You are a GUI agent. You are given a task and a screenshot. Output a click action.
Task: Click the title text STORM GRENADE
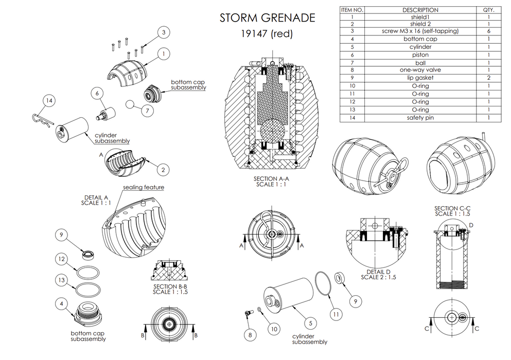267,18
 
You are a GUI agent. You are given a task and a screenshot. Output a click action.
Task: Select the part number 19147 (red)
267,35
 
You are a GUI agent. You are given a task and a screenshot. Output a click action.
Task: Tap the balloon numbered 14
48,101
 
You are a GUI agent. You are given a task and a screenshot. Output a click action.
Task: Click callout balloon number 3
163,33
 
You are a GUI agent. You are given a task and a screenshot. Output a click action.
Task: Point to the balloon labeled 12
61,259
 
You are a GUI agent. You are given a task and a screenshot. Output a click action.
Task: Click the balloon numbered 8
250,334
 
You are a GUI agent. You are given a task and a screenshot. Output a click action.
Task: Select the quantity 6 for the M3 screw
488,31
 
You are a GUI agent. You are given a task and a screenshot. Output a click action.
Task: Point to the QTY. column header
488,10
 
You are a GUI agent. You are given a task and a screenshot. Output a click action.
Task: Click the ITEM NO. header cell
353,10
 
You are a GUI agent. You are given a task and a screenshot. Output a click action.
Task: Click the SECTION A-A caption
271,182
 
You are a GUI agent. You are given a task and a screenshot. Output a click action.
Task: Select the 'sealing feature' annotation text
144,187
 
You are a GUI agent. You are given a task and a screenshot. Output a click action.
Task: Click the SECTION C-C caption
453,210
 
